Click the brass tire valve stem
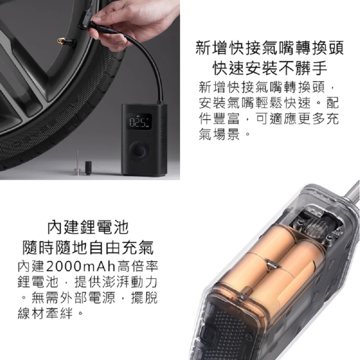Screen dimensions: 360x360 [64, 42]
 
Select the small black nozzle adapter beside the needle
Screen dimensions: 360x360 [88, 168]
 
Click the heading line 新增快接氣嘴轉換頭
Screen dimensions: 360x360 [269, 48]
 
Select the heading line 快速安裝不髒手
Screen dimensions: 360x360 [269, 68]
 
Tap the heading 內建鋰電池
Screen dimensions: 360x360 [88, 227]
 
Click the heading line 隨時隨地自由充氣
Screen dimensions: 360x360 [88, 247]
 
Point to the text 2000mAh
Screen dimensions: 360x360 [81, 266]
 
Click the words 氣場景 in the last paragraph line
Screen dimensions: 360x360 [219, 134]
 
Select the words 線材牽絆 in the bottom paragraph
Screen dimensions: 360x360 [45, 313]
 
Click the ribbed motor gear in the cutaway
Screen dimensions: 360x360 [315, 226]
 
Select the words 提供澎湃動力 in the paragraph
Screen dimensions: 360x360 [116, 282]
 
